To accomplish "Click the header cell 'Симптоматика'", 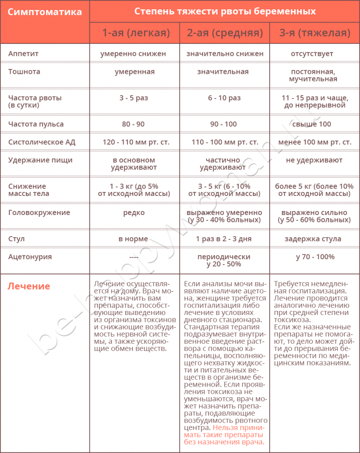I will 45,12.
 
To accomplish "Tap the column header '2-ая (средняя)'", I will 225,33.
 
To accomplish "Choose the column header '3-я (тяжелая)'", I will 315,33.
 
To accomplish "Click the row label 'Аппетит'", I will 23,54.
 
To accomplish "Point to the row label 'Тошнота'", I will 24,72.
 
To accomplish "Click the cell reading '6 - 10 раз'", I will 224,98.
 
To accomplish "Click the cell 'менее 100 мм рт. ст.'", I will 315,142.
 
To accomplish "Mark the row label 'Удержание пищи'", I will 40,160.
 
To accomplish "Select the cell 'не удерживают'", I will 314,160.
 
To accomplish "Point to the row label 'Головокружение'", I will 39,212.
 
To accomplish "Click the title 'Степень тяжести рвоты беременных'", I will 225,11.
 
